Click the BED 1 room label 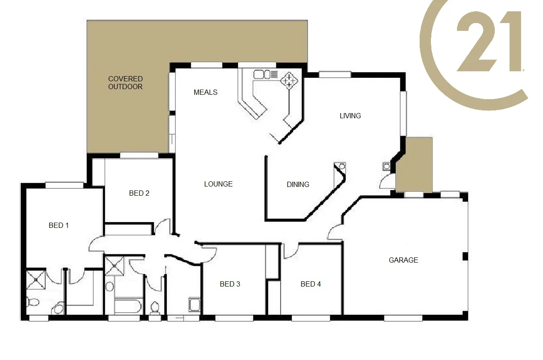tap(59, 225)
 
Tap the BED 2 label tap(139, 193)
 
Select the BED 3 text tap(230, 284)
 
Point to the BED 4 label tap(311, 284)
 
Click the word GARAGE tap(403, 260)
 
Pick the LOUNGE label tap(218, 184)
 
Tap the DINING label tap(298, 184)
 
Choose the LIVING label tap(350, 116)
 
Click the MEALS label tap(205, 92)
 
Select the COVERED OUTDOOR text tap(125, 83)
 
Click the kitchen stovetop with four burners tap(289, 81)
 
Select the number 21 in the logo tap(489, 42)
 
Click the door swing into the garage tap(334, 233)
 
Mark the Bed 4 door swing tap(290, 251)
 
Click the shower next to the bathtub tap(114, 266)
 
